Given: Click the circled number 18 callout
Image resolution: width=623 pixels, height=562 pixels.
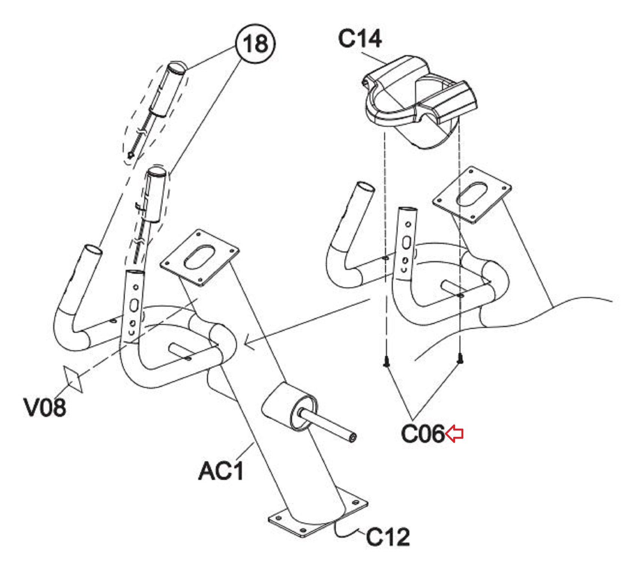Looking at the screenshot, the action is point(255,44).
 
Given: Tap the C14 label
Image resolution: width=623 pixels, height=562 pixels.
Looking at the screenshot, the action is point(359,39).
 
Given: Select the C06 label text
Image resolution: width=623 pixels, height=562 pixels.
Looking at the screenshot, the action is point(423,434).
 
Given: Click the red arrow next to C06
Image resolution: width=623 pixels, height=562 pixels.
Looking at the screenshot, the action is point(454,434).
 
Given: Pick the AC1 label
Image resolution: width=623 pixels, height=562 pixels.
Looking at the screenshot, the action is point(221,471).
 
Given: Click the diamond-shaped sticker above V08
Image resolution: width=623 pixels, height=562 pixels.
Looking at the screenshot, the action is point(73,379).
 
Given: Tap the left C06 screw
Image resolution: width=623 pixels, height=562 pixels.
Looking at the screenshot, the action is point(386,361).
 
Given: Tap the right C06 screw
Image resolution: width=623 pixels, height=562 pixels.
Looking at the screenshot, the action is point(460,360).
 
